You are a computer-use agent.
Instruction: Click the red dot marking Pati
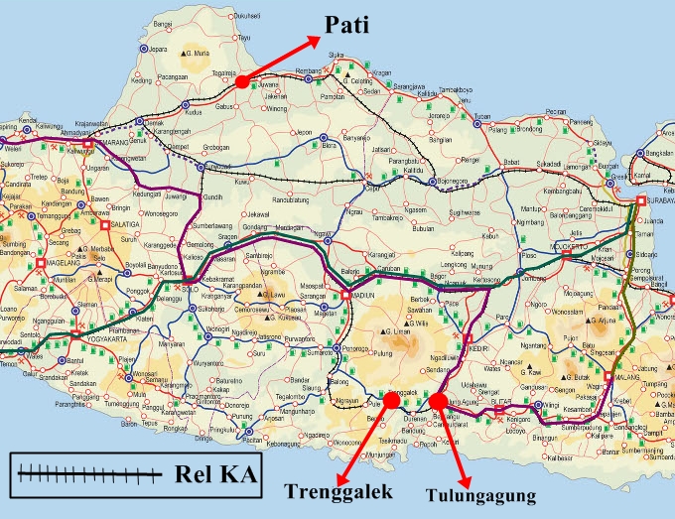[241, 81]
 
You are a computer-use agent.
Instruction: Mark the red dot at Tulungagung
[438, 401]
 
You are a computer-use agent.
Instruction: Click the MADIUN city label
[362, 295]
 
